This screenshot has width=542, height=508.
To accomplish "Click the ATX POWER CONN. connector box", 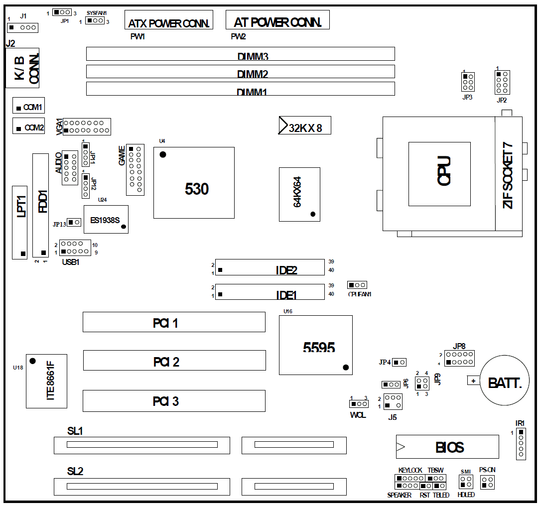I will pos(168,20).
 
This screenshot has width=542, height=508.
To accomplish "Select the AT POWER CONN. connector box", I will pos(277,19).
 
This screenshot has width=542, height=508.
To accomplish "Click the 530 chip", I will pos(194,182).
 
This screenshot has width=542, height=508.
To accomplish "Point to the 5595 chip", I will pos(316,345).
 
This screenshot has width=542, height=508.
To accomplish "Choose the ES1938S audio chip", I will pos(106,219).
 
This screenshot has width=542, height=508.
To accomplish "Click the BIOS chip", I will pos(447,447).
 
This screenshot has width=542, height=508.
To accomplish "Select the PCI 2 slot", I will pos(174,361).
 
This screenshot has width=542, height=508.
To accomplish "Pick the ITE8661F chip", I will pos(46,381).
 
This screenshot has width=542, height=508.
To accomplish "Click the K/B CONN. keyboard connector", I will pos(22,68).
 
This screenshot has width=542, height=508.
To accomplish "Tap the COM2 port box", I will pos(29,126).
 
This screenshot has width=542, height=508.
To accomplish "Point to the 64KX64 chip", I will pos(299,194).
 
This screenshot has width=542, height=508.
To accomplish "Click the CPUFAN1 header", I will pos(358,285).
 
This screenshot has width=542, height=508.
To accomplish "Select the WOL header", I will pos(358,403).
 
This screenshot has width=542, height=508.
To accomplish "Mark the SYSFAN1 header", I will pos(95,20).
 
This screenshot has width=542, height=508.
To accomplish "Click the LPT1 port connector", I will pos(20,223).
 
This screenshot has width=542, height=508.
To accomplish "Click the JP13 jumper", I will pos(74,222).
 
